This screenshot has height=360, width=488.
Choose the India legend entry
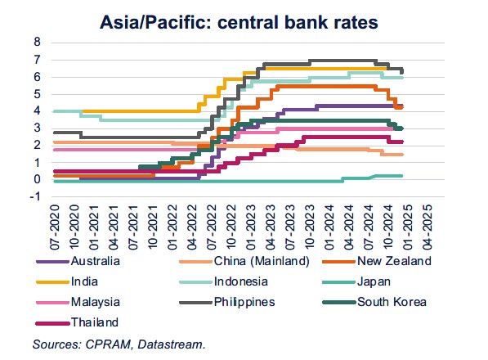coord(87,281)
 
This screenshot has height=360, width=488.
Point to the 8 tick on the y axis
coord(37,41)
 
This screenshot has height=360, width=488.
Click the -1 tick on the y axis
coord(35,197)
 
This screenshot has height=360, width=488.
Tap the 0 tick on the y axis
coord(37,180)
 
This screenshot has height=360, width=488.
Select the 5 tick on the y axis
coord(37,93)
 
